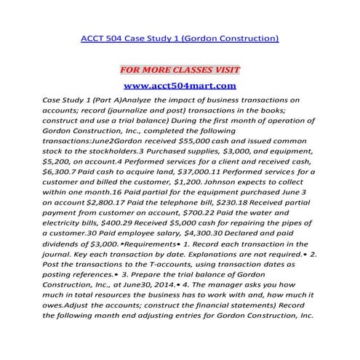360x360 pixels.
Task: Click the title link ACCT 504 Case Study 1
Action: pos(180,36)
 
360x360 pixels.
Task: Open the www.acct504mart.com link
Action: pos(180,86)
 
